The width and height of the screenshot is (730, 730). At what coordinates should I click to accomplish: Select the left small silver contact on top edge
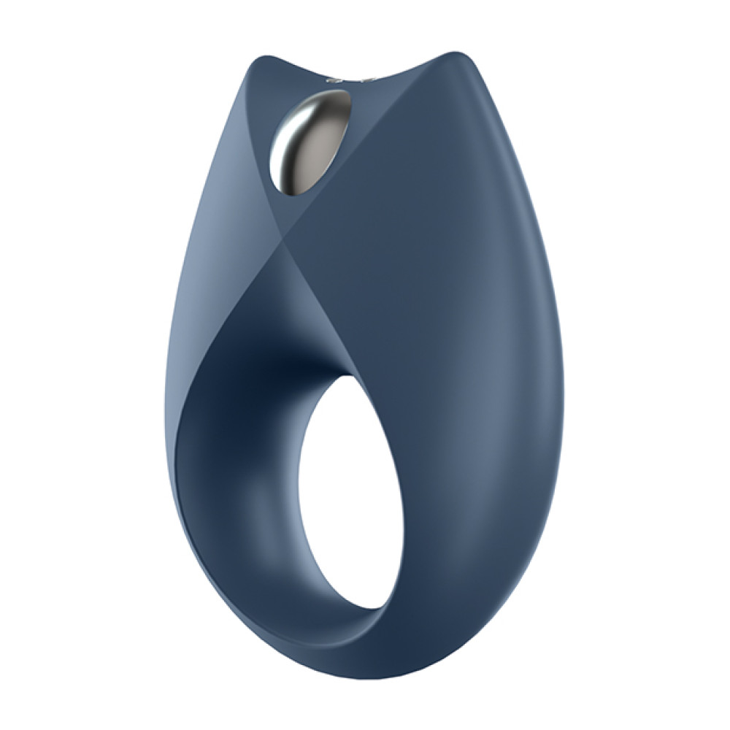(x=337, y=77)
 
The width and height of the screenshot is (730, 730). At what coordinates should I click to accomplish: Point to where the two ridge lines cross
(x=279, y=242)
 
